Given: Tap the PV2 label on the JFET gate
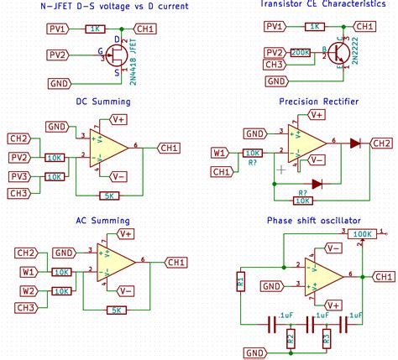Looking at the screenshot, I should coord(56,55).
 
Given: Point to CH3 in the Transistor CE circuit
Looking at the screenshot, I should coord(274,65).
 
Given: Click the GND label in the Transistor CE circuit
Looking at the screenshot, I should coord(275,81).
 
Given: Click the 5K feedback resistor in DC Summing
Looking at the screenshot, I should coord(109,196).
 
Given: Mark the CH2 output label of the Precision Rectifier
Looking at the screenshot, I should coord(382,142).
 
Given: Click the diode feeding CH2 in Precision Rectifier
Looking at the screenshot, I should coord(356,143).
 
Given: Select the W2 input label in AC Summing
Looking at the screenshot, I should coord(29,290).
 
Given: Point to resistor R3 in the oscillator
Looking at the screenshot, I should coord(327,339).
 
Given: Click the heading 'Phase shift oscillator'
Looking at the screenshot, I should coord(318,220).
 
